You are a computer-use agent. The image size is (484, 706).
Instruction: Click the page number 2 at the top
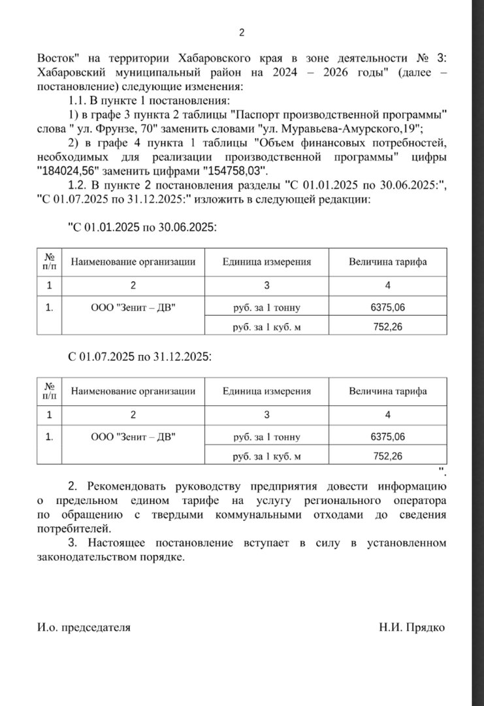coord(242,33)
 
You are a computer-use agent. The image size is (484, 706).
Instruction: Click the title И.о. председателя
coord(84,628)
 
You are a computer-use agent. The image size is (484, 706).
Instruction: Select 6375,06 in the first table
coord(387,308)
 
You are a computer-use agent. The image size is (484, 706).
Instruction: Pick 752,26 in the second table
coord(387,456)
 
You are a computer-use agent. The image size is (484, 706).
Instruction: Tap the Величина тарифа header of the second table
coord(388,391)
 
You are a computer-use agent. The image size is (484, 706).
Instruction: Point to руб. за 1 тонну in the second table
coord(266,437)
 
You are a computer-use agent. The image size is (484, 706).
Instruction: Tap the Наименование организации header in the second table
coord(133,391)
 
